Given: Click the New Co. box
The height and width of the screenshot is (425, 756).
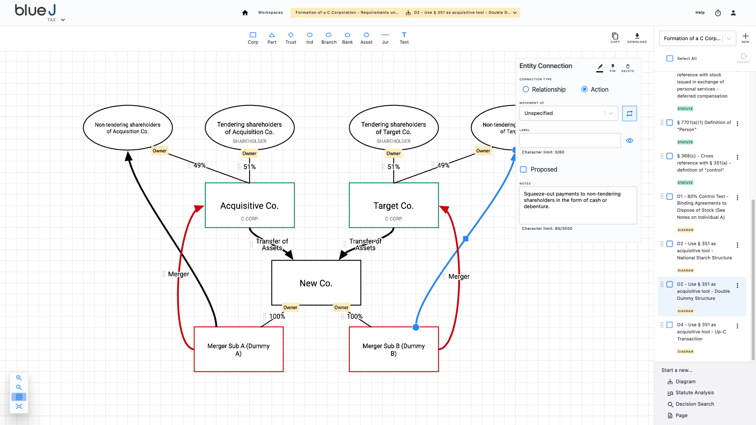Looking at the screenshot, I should pyautogui.click(x=316, y=283).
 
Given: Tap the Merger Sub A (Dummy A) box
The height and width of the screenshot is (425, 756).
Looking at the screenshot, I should pyautogui.click(x=238, y=349).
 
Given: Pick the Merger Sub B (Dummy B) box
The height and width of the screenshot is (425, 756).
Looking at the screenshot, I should pyautogui.click(x=393, y=349).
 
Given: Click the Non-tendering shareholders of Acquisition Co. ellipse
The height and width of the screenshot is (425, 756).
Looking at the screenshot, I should pyautogui.click(x=127, y=128).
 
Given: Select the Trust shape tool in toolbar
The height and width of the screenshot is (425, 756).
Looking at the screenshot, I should pyautogui.click(x=291, y=38).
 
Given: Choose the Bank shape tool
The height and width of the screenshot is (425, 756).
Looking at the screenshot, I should pyautogui.click(x=347, y=38).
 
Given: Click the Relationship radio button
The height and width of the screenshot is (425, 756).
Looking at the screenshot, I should pyautogui.click(x=526, y=89).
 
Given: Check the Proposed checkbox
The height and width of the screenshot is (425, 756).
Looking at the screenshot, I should pyautogui.click(x=523, y=170).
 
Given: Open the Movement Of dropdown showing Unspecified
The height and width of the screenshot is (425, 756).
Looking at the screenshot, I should pyautogui.click(x=568, y=113).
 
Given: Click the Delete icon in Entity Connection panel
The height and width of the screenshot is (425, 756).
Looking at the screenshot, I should pyautogui.click(x=628, y=68).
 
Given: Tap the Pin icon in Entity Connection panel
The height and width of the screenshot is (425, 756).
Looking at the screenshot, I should pyautogui.click(x=613, y=68).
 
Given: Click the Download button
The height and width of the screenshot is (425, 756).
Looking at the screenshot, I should pyautogui.click(x=637, y=38).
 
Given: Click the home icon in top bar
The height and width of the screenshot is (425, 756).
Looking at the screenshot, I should pyautogui.click(x=245, y=13).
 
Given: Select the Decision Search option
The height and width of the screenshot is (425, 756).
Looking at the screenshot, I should pyautogui.click(x=695, y=404).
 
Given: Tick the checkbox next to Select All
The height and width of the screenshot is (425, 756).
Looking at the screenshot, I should pyautogui.click(x=670, y=59).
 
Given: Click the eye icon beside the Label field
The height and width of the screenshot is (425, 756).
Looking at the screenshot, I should pyautogui.click(x=630, y=140).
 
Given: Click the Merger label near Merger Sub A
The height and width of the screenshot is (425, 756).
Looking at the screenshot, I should pyautogui.click(x=178, y=274).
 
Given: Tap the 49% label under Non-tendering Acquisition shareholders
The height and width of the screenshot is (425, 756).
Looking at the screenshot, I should pyautogui.click(x=199, y=165).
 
